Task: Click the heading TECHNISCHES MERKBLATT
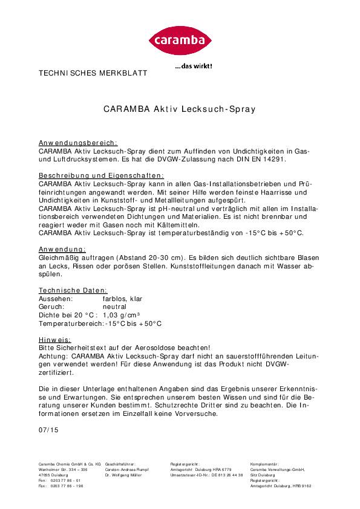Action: pos(93,73)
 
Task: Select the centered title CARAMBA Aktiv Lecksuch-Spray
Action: pos(180,109)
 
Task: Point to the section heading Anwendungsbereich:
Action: pos(78,141)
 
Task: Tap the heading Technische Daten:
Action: pos(73,290)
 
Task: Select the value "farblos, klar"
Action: pos(123,299)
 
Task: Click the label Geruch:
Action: pos(52,307)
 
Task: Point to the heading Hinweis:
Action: pos(54,340)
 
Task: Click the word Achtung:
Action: pos(53,357)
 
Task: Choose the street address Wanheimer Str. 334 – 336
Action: pos(63,470)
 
